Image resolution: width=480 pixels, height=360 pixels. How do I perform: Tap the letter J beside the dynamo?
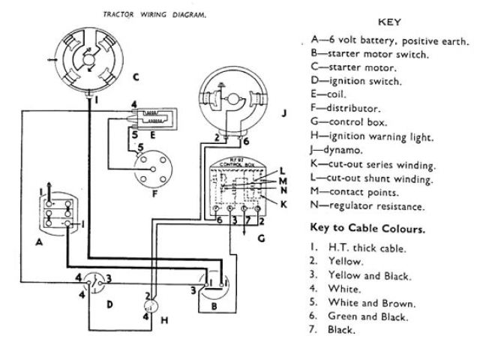[x=284, y=113]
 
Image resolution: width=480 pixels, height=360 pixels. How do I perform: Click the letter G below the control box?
[x=260, y=238]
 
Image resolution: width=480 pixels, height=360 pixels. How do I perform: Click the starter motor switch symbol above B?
[x=214, y=284]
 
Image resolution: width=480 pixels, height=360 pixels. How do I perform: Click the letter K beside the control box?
[x=284, y=203]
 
